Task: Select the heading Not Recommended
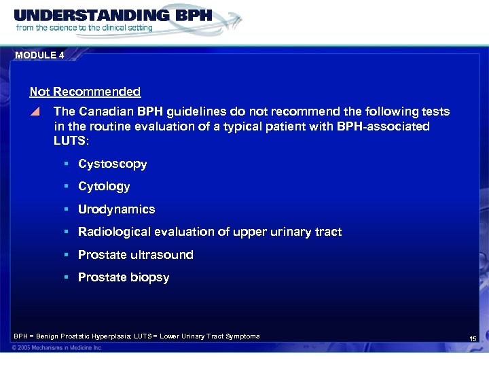pyautogui.click(x=85, y=92)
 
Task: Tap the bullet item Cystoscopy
pyautogui.click(x=112, y=164)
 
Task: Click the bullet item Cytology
pyautogui.click(x=104, y=186)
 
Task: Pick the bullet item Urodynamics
pyautogui.click(x=116, y=209)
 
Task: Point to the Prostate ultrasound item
pyautogui.click(x=135, y=255)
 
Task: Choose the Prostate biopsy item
pyautogui.click(x=124, y=277)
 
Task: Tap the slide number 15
pyautogui.click(x=473, y=338)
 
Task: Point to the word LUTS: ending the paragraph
pyautogui.click(x=70, y=141)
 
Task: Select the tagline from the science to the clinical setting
pyautogui.click(x=84, y=29)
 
